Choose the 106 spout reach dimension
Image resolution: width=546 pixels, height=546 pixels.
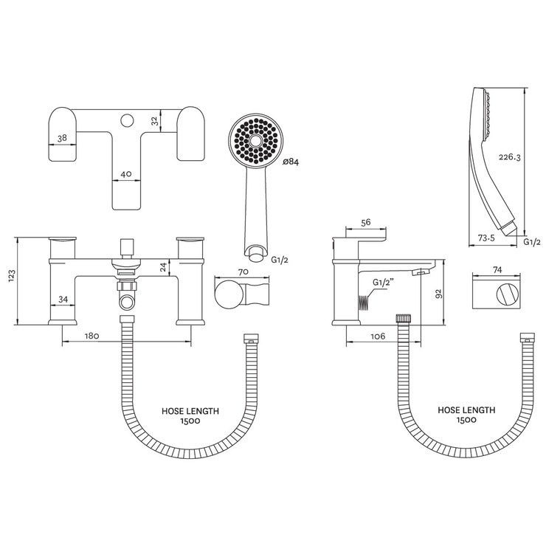tap(378, 336)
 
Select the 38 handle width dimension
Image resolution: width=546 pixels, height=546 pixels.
tap(63, 137)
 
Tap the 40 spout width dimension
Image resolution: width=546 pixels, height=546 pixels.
tap(126, 174)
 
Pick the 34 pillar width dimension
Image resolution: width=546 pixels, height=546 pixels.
tap(63, 299)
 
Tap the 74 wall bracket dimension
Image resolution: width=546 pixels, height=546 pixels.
tap(497, 271)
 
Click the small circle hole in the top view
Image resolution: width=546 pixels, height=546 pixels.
tap(126, 117)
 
